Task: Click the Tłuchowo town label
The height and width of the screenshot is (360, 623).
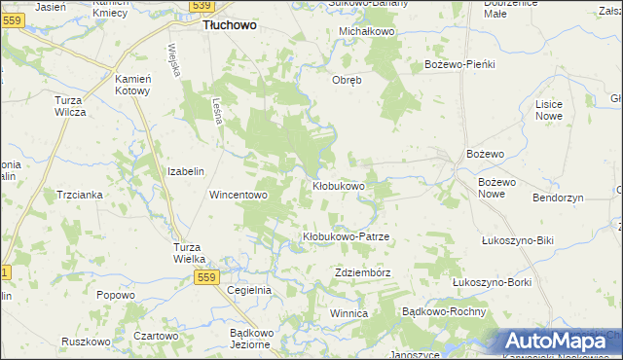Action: point(230,26)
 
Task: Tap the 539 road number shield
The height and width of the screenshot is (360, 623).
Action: point(201,6)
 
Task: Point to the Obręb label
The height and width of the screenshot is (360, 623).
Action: point(348,80)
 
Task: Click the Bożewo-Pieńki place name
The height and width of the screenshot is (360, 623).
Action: point(460,64)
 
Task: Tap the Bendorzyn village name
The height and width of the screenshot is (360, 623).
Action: point(558,198)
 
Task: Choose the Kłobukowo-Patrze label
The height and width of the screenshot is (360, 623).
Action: point(346,237)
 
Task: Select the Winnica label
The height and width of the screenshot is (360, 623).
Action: point(348,314)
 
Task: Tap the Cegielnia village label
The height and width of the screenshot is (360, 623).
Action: point(248,291)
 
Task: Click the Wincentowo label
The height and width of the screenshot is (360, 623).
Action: point(238,195)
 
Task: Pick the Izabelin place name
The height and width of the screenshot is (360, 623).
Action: point(185,171)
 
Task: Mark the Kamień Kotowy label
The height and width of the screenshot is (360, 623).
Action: point(132,85)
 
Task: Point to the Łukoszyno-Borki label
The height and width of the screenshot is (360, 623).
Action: point(492,282)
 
